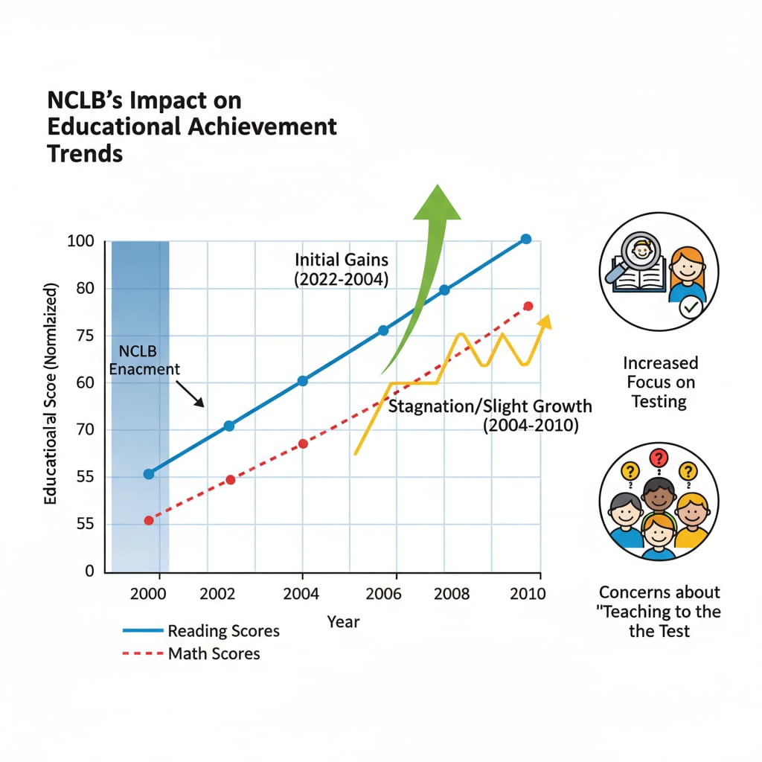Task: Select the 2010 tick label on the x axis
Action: tap(526, 594)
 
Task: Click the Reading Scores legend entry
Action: tap(201, 631)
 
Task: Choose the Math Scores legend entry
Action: tap(191, 654)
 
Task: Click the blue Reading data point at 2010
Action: tap(526, 239)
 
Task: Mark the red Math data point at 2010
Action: tap(528, 306)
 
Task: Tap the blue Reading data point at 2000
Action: tap(149, 474)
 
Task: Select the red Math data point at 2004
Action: tap(303, 444)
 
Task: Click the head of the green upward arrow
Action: tap(436, 202)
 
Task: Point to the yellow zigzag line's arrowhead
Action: tap(545, 321)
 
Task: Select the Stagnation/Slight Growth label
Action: tap(491, 407)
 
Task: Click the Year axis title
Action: tap(343, 621)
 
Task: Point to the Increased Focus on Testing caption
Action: tap(660, 382)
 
